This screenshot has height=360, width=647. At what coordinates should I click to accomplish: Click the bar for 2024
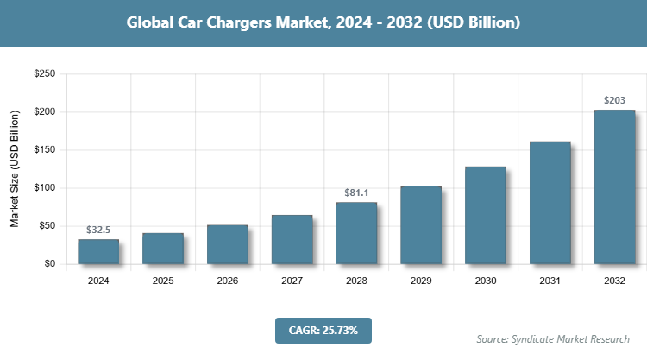point(98,251)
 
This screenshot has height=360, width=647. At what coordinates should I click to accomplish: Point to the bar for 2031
point(550,202)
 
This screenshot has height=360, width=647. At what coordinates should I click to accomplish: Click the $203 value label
point(614,100)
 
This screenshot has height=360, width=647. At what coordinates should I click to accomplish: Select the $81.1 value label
point(356,193)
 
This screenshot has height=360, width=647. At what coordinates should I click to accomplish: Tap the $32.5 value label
point(98,230)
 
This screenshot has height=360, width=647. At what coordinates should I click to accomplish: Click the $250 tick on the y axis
point(44,74)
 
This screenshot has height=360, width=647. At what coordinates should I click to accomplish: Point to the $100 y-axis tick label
point(44,188)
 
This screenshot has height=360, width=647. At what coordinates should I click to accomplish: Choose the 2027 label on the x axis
point(292,281)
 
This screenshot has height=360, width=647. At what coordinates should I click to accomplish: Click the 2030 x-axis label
point(485,281)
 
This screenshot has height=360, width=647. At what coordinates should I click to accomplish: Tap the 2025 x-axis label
point(163,281)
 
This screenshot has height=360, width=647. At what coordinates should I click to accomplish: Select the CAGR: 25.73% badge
point(323,330)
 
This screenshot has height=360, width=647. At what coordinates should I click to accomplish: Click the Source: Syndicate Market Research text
point(553,338)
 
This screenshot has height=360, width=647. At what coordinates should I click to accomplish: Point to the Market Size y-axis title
point(15,169)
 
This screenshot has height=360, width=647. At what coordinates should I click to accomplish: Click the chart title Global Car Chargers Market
point(323,22)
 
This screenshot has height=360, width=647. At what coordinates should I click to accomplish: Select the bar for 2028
point(356,233)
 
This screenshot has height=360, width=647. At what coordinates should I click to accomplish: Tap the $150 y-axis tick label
point(44,150)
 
